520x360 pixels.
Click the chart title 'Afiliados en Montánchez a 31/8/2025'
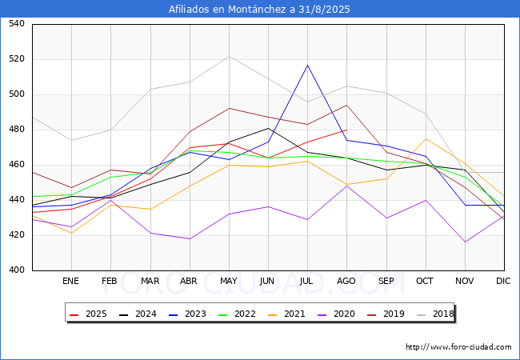[x=259, y=10]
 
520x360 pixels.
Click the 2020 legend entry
[x=341, y=314]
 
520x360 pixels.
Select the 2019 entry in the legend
[x=390, y=314]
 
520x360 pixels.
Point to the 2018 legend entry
[x=440, y=314]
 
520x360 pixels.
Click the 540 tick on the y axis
[x=17, y=24]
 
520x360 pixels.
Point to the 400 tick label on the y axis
[x=17, y=270]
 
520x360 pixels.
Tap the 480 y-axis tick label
[x=17, y=130]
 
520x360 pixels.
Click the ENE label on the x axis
[x=71, y=281]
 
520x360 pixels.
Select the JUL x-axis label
[x=307, y=281]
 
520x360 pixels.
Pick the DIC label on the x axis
[x=503, y=281]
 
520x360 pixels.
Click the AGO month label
[x=346, y=281]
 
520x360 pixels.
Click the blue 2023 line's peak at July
[x=307, y=65]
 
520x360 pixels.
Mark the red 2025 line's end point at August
[x=346, y=130]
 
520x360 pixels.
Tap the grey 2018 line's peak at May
[x=230, y=56]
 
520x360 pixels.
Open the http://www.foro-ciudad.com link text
[x=458, y=347]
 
